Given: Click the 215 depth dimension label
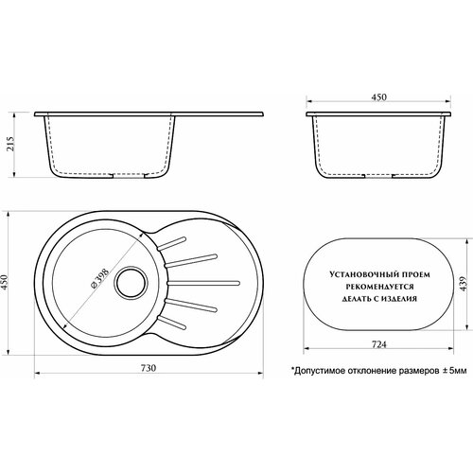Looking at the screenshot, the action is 10,144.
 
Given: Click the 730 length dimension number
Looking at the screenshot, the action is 148,368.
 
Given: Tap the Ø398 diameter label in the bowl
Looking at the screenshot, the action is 99,278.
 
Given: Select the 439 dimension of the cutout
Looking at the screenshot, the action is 463,284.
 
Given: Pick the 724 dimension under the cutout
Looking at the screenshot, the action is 378,344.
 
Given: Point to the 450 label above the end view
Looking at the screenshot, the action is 378,97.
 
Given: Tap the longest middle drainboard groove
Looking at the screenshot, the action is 203,283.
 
